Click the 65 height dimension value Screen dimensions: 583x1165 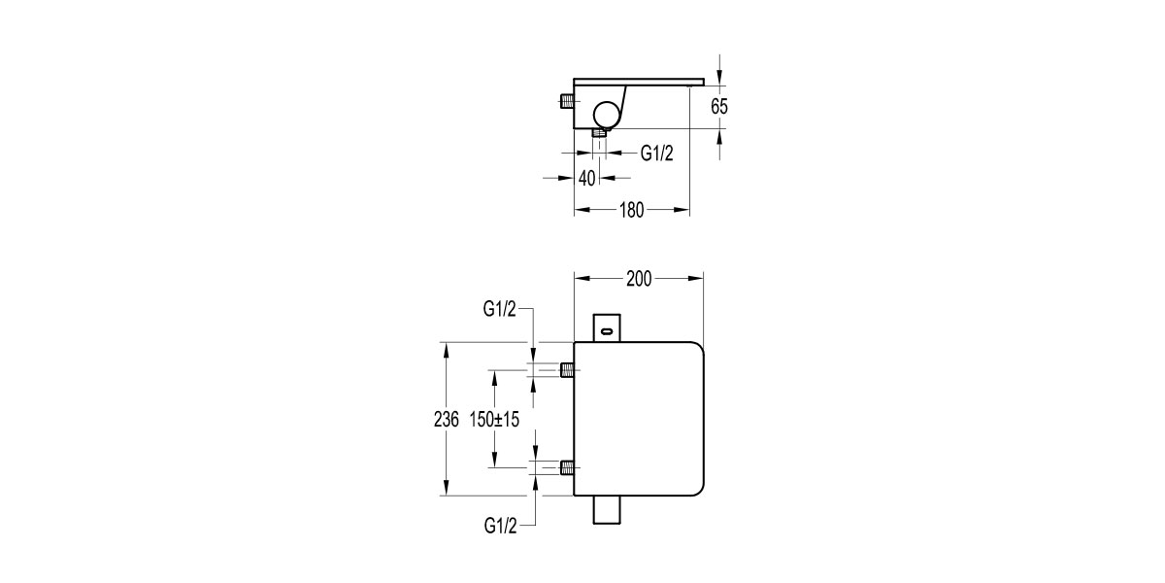tap(718, 107)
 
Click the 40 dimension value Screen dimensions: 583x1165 tap(586, 178)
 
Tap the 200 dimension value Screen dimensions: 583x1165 tap(638, 279)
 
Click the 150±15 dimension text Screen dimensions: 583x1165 tap(495, 420)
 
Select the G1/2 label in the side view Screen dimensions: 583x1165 tap(656, 153)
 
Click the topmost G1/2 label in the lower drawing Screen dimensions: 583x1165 tap(500, 309)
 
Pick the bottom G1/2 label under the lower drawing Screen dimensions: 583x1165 tap(500, 526)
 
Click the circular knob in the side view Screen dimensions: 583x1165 tap(605, 115)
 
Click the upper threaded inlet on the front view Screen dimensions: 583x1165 tap(566, 369)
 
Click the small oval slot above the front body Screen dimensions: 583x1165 tap(608, 332)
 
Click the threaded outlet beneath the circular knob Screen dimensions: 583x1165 tap(600, 133)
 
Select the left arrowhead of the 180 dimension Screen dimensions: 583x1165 tap(580, 210)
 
